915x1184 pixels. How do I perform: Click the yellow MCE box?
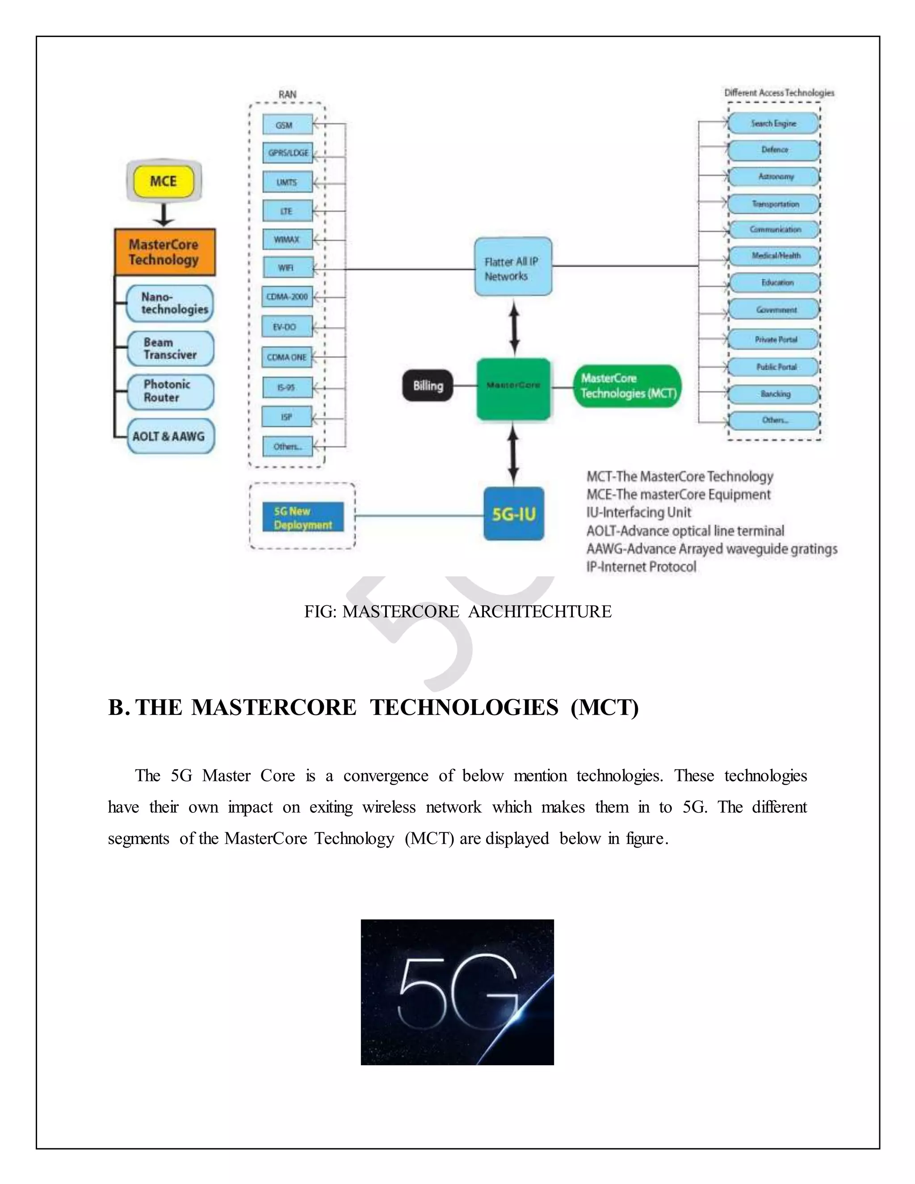tap(164, 181)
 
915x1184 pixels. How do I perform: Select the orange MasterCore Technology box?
tap(165, 252)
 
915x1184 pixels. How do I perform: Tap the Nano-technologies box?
tap(170, 303)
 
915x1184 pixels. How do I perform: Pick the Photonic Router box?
tap(170, 391)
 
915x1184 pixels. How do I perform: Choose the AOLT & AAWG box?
tap(170, 436)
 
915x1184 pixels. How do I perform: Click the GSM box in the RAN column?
tap(287, 125)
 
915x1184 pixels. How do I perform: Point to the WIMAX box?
tap(287, 239)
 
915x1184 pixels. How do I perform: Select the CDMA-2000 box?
tap(287, 297)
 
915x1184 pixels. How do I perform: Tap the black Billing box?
tap(428, 386)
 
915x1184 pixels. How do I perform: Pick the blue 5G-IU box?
tap(513, 513)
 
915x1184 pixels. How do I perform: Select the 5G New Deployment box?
tap(302, 518)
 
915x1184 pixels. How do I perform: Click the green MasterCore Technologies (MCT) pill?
tap(627, 386)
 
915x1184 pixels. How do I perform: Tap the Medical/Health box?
tap(775, 255)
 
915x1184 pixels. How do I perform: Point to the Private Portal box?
tap(775, 340)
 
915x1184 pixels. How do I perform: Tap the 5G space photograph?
tap(457, 991)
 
